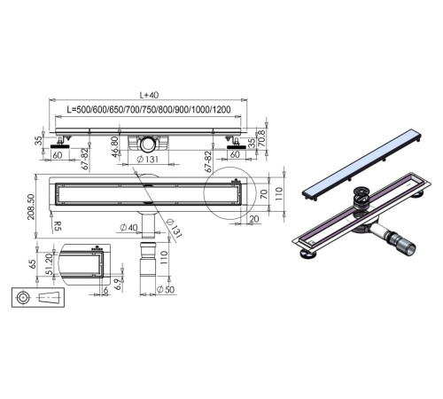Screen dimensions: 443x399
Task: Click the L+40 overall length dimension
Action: click(x=149, y=95)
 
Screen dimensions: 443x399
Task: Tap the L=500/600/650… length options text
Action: click(x=149, y=110)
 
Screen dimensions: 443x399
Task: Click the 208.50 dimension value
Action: click(x=31, y=207)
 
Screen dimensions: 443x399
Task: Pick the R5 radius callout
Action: click(x=58, y=226)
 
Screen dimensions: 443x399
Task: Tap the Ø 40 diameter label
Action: click(x=129, y=227)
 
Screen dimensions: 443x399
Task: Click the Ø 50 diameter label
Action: click(x=166, y=289)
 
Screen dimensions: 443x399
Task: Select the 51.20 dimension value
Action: click(x=49, y=264)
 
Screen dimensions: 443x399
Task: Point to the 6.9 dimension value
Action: click(x=117, y=284)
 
